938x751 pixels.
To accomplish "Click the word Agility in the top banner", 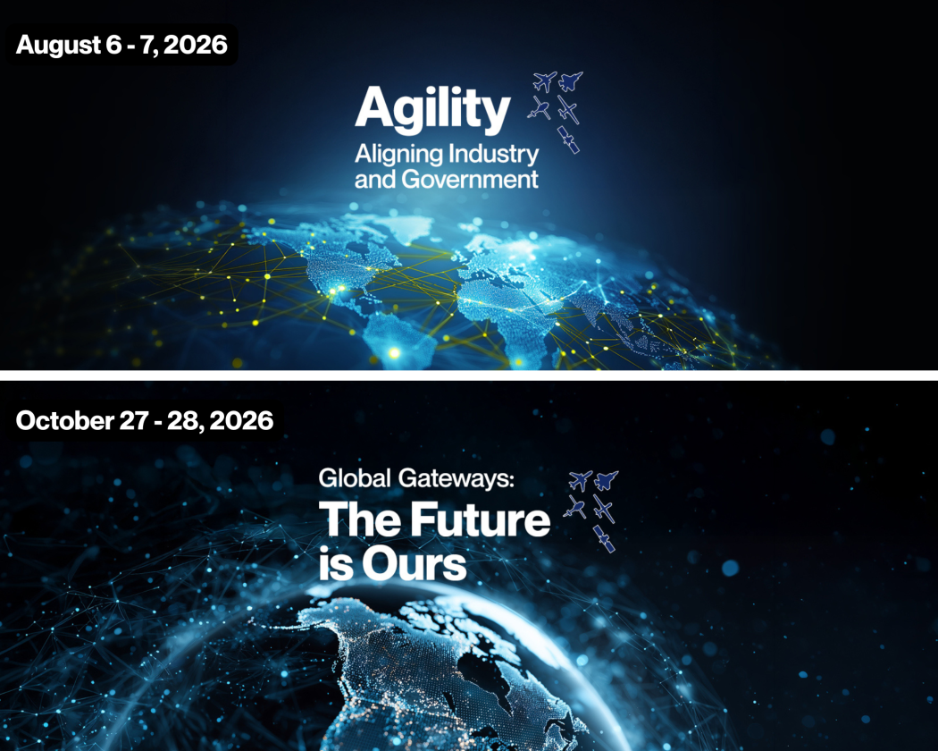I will click(432, 110).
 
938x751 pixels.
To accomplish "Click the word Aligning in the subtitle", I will click(398, 154).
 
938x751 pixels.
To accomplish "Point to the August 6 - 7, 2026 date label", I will click(121, 44).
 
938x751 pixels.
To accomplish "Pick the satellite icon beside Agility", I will click(568, 140).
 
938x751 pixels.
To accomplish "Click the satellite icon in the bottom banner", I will click(605, 538).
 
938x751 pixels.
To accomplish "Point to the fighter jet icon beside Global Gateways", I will click(607, 480).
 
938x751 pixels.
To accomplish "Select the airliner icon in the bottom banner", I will click(581, 480).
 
